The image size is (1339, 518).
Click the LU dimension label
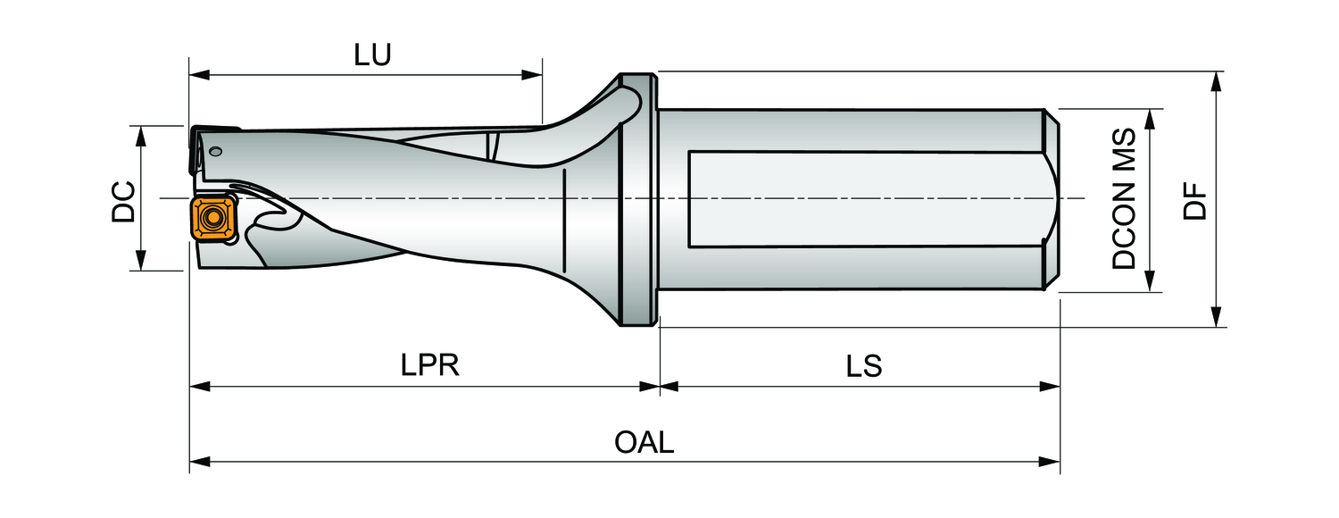[372, 55]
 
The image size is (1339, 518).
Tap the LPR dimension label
[430, 365]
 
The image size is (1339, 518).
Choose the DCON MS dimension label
[1124, 199]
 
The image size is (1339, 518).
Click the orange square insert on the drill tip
[212, 217]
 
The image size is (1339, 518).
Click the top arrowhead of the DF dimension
[1216, 82]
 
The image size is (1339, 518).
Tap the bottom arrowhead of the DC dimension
[141, 261]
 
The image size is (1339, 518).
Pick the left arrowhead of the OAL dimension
[198, 463]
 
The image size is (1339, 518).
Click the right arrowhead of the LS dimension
[1052, 387]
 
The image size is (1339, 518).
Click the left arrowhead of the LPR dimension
[198, 387]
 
